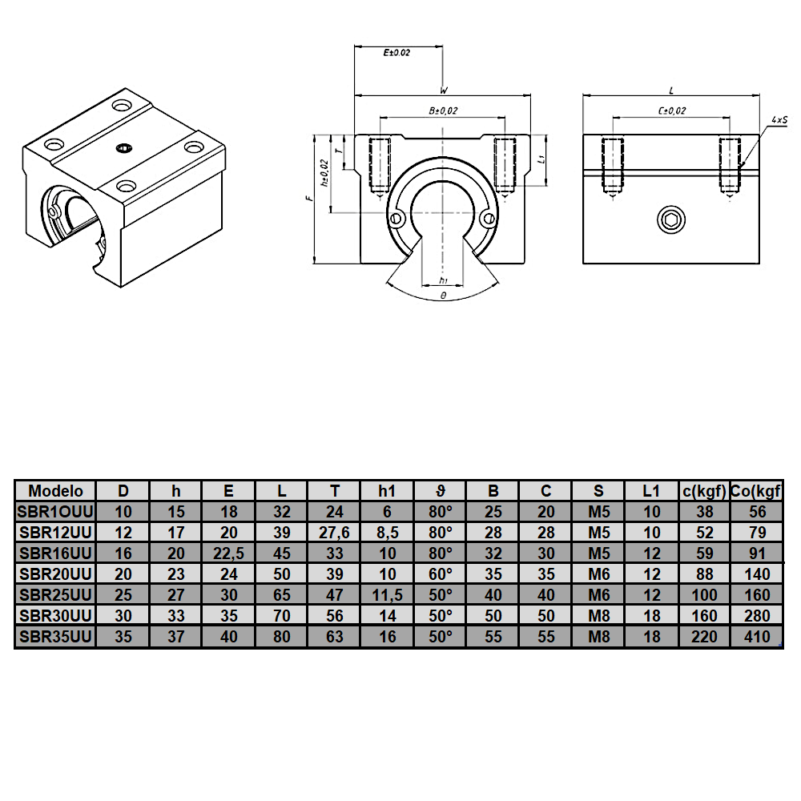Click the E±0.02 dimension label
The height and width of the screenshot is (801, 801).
point(397,53)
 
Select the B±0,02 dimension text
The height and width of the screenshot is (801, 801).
point(443,111)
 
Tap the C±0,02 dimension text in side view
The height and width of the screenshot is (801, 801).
point(671,111)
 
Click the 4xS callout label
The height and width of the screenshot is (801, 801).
point(777,119)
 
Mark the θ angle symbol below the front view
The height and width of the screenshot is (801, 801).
point(443,296)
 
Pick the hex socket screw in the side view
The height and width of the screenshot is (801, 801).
point(670,218)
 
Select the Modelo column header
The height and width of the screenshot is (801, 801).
point(55,490)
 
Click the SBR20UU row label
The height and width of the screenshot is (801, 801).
point(55,574)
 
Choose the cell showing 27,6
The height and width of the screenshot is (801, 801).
point(334,532)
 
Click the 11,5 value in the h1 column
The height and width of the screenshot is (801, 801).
point(387,594)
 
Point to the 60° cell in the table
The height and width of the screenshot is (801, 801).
point(440,574)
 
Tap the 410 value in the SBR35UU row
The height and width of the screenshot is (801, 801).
point(756,638)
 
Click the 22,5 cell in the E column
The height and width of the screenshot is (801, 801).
point(228,553)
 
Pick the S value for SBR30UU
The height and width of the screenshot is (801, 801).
point(598,616)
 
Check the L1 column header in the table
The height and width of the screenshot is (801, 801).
point(651,490)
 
